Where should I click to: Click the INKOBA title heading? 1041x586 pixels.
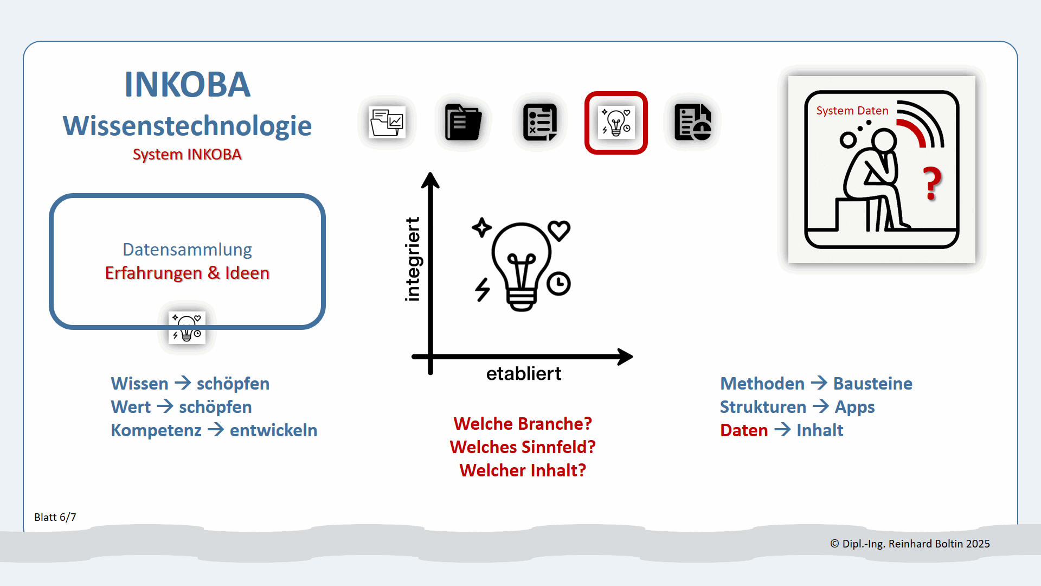(187, 85)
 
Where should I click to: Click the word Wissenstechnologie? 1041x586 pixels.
(187, 126)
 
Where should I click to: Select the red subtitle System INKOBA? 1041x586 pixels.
(187, 155)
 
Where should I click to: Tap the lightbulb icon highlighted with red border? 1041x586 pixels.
(616, 123)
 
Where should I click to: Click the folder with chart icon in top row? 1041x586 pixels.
(387, 123)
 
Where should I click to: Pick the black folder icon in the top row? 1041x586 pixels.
(463, 123)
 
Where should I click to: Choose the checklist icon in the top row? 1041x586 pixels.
(540, 123)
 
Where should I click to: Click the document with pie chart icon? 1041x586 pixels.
(692, 123)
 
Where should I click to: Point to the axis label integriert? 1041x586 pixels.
(413, 259)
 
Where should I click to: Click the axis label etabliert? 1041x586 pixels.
(524, 373)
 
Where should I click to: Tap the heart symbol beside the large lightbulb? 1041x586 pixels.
(559, 231)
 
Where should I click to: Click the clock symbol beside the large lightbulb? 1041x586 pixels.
(558, 284)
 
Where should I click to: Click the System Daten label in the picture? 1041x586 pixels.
(852, 111)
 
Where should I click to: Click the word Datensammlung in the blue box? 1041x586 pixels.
(187, 250)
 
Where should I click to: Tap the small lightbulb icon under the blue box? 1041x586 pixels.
(187, 327)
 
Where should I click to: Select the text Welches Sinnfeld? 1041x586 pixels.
(523, 447)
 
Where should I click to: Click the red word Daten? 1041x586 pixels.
(744, 430)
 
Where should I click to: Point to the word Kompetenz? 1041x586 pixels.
(156, 430)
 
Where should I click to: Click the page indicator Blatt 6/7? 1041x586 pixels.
(55, 517)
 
